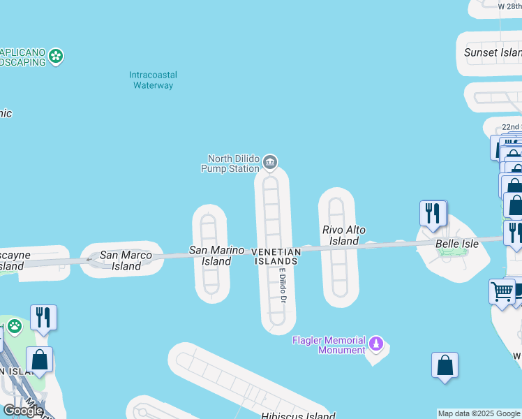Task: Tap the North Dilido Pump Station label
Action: (x=232, y=163)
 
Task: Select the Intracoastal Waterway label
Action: (x=153, y=80)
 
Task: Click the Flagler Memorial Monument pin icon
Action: (x=377, y=344)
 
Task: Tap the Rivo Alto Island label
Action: (x=344, y=235)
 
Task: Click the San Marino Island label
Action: (x=217, y=256)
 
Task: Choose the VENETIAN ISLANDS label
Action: (x=275, y=256)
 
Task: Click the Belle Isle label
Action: (x=457, y=244)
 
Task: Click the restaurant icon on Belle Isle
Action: (x=433, y=213)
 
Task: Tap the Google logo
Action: (x=22, y=411)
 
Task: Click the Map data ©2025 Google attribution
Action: (x=479, y=413)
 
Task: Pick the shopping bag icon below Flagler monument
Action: (x=445, y=365)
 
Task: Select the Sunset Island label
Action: (x=492, y=52)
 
